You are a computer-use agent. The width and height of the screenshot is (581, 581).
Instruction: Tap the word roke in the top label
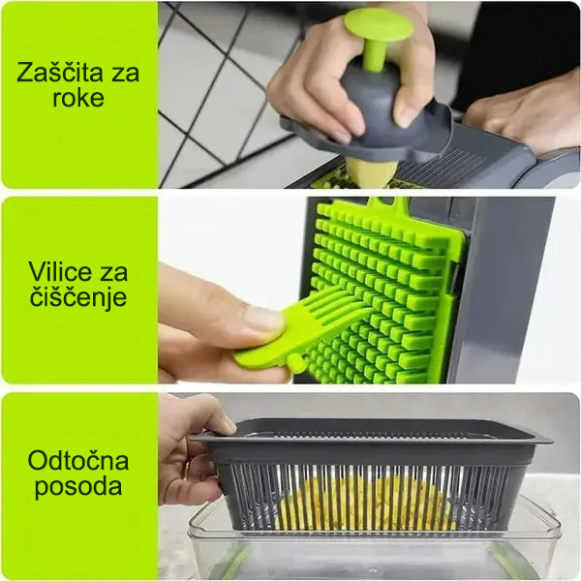click(78, 100)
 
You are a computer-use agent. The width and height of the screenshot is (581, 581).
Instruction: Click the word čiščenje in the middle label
click(78, 297)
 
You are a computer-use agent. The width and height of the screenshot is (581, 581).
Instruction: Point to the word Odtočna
click(78, 460)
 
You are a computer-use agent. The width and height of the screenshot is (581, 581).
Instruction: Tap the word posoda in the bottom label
click(78, 486)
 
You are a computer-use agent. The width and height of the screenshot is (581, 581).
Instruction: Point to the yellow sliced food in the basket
click(368, 504)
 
